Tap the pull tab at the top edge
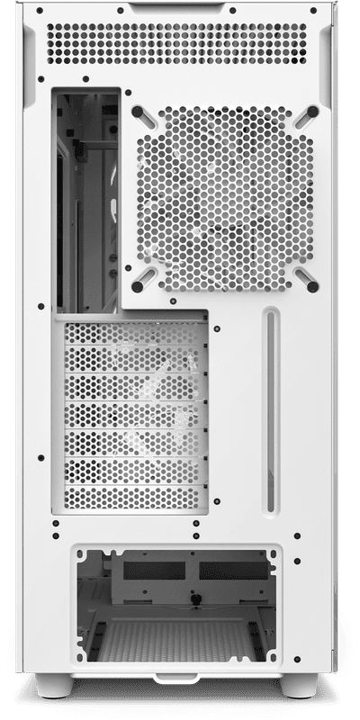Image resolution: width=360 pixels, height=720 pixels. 180,9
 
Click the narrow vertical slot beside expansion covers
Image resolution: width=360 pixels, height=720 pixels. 267,409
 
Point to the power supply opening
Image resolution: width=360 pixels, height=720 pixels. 180,603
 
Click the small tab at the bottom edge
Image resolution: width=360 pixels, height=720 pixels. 180,677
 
